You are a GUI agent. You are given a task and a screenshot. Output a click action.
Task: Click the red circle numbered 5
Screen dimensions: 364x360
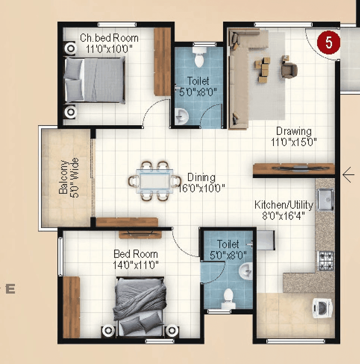click(x=329, y=42)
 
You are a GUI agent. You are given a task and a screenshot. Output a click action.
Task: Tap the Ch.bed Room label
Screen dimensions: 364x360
click(x=109, y=38)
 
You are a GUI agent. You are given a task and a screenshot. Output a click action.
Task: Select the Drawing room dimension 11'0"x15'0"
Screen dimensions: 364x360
click(x=294, y=142)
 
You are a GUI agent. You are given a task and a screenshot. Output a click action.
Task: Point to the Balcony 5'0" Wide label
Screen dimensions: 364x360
click(x=69, y=177)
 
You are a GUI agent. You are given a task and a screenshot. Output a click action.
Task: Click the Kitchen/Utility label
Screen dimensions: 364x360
click(x=284, y=205)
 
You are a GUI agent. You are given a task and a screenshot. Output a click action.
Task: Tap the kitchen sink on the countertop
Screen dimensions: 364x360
click(x=326, y=200)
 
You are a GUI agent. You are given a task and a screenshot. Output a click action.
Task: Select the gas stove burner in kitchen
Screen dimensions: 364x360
click(x=325, y=260)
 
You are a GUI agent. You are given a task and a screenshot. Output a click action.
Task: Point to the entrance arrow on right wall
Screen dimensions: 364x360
click(x=348, y=175)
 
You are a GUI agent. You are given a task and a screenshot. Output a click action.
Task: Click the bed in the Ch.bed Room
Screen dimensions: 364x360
click(x=95, y=80)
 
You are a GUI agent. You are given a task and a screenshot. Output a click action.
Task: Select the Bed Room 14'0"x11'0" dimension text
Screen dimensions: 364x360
click(x=136, y=265)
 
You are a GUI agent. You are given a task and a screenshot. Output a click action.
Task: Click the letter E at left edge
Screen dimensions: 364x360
click(x=10, y=289)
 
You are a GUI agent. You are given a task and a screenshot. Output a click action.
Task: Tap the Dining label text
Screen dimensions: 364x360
click(x=201, y=177)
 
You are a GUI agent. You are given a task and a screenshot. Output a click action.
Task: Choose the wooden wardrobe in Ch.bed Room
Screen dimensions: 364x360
click(x=162, y=62)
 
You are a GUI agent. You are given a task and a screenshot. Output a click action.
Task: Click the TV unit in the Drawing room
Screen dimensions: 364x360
click(x=294, y=168)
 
